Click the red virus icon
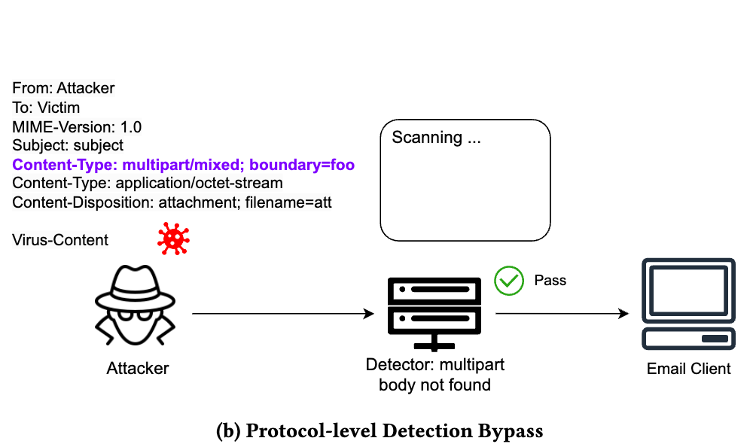(x=173, y=238)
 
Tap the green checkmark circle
(x=508, y=281)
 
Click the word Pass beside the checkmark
(x=550, y=281)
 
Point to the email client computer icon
(x=687, y=304)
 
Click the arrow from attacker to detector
(x=283, y=313)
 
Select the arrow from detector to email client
(x=561, y=313)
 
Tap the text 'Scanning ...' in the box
(x=436, y=138)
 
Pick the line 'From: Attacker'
(x=64, y=88)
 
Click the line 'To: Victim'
(x=46, y=108)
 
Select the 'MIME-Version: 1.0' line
(x=77, y=126)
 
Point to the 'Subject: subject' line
(x=68, y=145)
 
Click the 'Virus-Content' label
(x=60, y=240)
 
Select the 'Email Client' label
(x=688, y=369)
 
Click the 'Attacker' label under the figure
(x=138, y=369)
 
